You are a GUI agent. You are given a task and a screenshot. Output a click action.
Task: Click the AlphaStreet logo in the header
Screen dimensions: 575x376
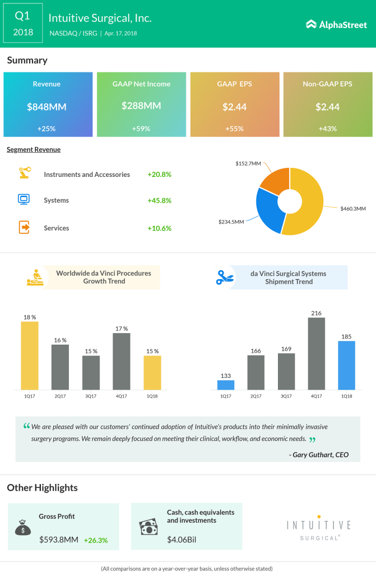[336, 24]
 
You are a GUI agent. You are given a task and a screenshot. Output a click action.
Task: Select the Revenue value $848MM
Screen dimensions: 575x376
[47, 106]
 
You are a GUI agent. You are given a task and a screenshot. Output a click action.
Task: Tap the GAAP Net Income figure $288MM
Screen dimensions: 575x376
[141, 106]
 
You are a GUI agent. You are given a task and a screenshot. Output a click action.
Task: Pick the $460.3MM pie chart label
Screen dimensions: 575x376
[353, 209]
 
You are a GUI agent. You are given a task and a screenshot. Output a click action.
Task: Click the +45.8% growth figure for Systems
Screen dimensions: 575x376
[159, 200]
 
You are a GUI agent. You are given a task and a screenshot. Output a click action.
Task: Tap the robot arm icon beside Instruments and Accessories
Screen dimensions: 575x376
[24, 174]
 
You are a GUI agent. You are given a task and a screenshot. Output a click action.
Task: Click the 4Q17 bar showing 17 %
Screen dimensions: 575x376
[122, 362]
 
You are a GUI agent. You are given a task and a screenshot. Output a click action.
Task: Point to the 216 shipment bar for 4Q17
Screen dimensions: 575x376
[317, 354]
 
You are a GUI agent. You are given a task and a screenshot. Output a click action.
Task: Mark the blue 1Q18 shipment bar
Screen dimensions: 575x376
[347, 366]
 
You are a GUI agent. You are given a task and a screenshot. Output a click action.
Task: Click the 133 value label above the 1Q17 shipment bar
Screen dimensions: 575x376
[226, 375]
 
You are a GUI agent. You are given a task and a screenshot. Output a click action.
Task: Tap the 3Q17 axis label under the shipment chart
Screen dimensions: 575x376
[286, 396]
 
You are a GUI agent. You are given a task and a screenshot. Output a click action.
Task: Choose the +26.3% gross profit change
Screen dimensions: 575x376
[95, 540]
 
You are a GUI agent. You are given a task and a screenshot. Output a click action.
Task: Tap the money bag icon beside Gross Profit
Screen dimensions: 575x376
[24, 527]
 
